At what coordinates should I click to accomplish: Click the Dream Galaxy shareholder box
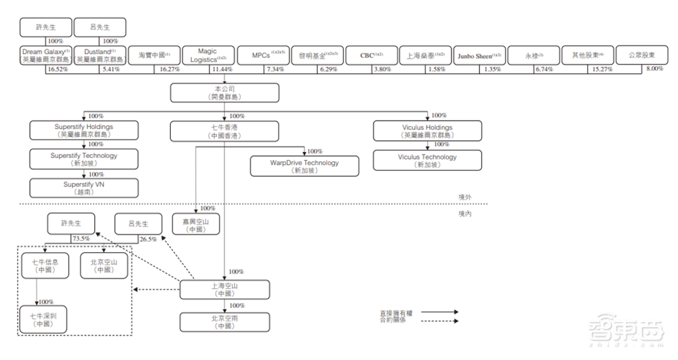point(46,56)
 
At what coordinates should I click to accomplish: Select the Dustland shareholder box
point(100,56)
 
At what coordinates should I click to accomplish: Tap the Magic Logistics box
point(207,56)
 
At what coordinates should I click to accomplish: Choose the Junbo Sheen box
point(479,56)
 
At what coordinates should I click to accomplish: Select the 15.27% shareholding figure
point(601,70)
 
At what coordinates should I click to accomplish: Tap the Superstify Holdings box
point(84,131)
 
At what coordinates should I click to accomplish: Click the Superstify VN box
point(84,188)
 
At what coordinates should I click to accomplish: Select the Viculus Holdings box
point(428,131)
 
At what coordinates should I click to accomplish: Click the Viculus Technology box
point(428,161)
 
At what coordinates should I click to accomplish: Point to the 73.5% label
point(81,239)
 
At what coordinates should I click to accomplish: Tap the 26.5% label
point(147,239)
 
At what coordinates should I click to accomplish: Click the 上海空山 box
point(224,289)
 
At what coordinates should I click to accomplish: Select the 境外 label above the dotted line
point(464,197)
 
